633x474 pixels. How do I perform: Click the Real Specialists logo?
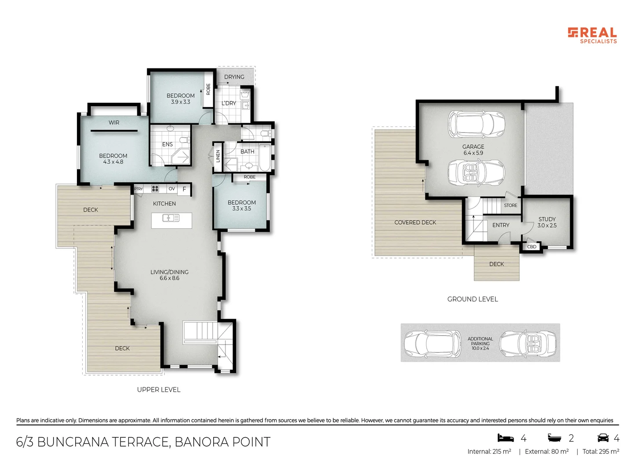point(592,35)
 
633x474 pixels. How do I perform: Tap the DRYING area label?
point(234,77)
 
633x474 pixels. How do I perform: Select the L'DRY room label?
point(229,103)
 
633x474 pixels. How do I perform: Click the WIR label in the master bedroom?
point(114,122)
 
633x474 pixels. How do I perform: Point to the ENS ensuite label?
point(167,144)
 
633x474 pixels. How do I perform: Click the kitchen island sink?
point(171,218)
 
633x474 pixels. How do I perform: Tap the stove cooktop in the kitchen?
point(155,189)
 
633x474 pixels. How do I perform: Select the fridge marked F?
point(184,189)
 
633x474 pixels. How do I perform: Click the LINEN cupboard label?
point(218,156)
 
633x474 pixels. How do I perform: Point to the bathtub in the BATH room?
point(264,158)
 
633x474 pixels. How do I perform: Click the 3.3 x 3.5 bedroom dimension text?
point(242,209)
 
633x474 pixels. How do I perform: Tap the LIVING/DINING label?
point(169,272)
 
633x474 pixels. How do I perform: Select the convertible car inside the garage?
point(476,172)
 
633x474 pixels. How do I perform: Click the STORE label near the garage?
point(510,205)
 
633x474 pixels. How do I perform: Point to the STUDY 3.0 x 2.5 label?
point(547,222)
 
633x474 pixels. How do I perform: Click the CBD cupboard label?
point(532,247)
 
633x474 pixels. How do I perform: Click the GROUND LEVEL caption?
point(473,299)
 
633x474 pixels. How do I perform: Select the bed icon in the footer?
point(506,438)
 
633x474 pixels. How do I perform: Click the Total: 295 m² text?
point(600,451)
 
